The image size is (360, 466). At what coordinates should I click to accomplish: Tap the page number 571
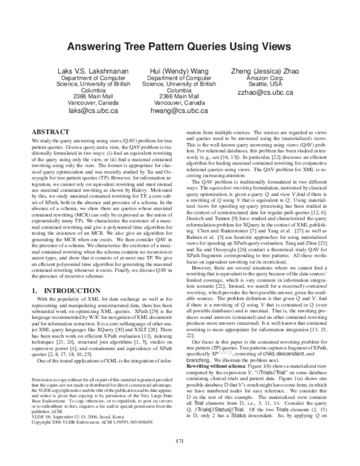pyautogui.click(x=180, y=441)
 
